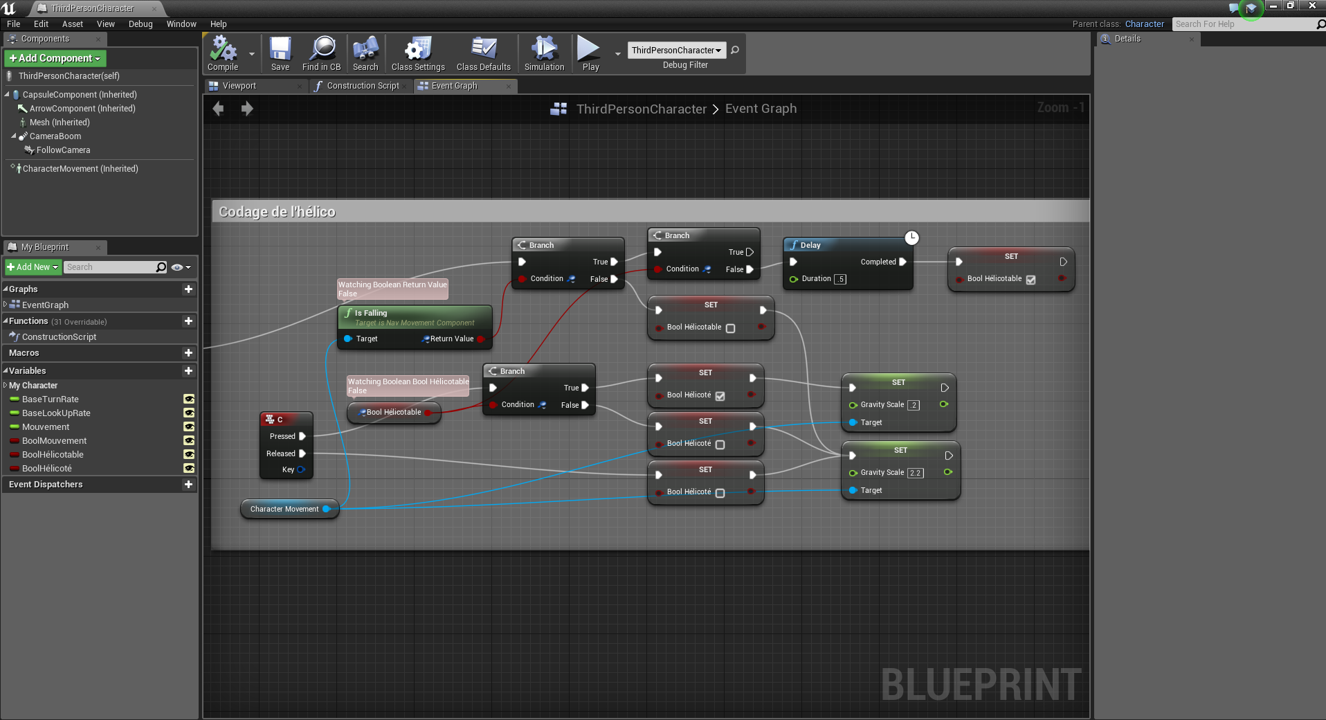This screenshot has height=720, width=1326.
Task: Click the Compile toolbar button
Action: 223,53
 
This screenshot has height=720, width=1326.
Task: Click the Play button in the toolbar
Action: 590,53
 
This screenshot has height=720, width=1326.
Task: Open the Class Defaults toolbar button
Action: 483,53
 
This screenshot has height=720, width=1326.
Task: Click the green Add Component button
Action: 55,58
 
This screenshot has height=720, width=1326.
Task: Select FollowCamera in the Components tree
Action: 63,150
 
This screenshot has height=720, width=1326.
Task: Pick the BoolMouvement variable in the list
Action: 54,441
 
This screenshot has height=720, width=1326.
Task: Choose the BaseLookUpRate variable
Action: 56,413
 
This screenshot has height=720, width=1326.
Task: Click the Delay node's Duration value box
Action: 840,279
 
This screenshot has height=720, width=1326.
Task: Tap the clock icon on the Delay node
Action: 912,237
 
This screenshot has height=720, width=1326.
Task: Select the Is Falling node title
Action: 371,313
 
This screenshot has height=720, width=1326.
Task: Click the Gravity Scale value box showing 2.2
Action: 915,473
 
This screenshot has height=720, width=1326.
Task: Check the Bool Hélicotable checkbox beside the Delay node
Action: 1030,280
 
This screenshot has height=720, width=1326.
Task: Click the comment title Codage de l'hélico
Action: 277,212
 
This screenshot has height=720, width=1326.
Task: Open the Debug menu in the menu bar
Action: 140,24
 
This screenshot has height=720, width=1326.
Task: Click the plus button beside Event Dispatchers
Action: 188,485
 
